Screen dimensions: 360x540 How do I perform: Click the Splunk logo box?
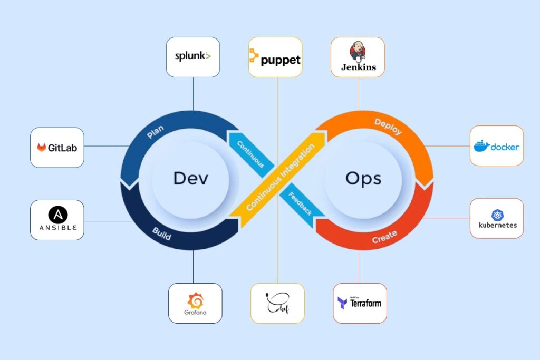(x=193, y=57)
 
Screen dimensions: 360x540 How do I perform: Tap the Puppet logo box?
(x=275, y=57)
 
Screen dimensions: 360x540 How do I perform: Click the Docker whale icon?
(x=481, y=147)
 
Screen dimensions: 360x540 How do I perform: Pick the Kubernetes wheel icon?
(x=497, y=215)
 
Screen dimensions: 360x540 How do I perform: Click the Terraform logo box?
(x=360, y=303)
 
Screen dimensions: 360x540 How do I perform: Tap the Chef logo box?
(x=277, y=303)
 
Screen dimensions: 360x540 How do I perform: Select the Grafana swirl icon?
(x=195, y=300)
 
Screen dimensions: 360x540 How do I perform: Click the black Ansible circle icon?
(x=57, y=215)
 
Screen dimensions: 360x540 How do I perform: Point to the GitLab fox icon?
(x=42, y=148)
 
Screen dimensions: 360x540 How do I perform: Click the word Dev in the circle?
(x=190, y=178)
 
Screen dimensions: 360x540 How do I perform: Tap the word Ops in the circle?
(x=363, y=178)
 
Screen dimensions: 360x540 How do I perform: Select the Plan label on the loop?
(x=155, y=132)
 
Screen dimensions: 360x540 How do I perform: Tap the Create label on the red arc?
(x=384, y=237)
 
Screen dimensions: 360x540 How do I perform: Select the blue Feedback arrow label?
(x=300, y=203)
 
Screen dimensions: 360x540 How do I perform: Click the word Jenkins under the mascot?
(x=359, y=67)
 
